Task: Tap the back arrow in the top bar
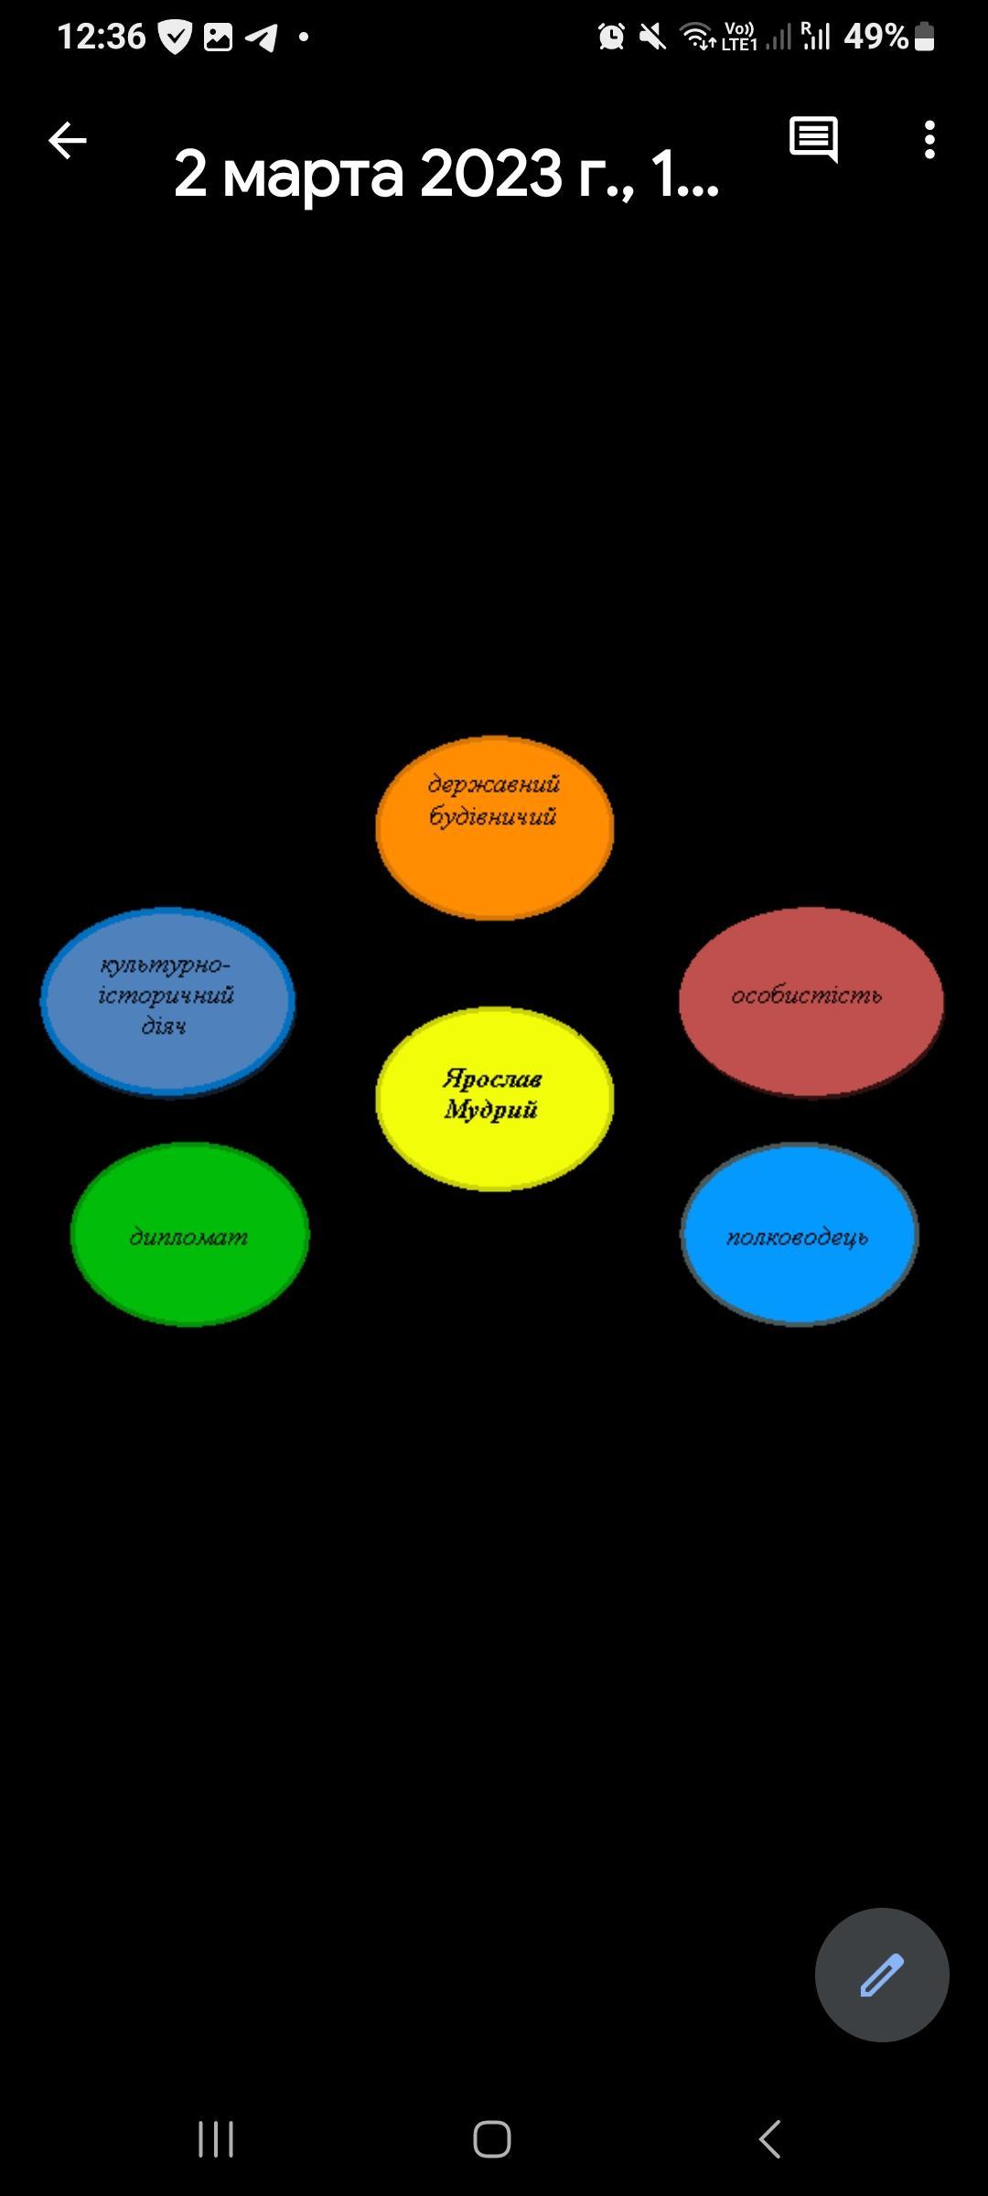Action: coord(67,141)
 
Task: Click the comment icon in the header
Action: coord(813,140)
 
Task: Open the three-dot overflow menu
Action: coord(929,140)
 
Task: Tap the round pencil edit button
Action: coord(882,1975)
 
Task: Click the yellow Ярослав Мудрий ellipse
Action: coord(494,1098)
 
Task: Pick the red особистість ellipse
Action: coord(811,1001)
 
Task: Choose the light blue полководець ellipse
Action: coord(800,1233)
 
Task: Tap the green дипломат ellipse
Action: coord(189,1233)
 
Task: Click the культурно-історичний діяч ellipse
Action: coord(167,1001)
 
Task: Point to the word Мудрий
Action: coord(490,1111)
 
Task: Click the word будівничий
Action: coord(492,816)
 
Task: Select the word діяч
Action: coord(164,1027)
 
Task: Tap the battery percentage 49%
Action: coord(875,37)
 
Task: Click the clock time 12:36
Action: coord(101,37)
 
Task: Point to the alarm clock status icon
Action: coord(611,37)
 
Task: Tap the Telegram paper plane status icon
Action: coord(262,38)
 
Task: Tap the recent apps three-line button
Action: coord(216,2139)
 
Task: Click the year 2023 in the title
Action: coord(490,174)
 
